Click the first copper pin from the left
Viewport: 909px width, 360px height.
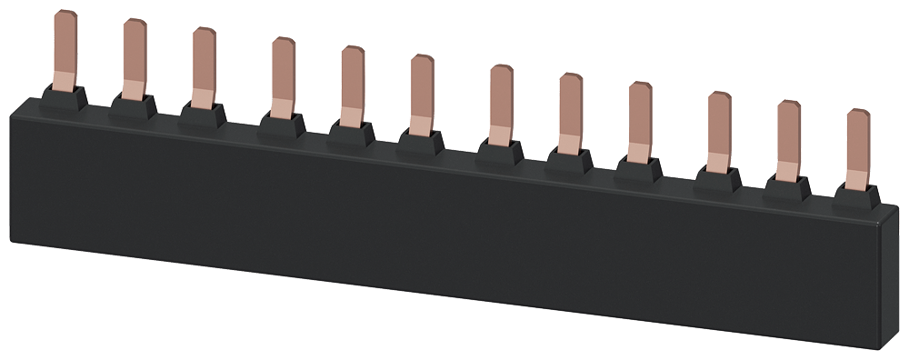(65, 50)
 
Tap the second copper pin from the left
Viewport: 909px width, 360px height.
(135, 58)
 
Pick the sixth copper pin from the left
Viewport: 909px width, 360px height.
(421, 94)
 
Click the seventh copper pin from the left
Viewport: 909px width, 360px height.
(501, 104)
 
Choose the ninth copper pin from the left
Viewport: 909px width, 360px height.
(639, 120)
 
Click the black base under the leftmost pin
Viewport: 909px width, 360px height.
(64, 97)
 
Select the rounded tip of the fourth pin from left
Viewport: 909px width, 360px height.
(284, 43)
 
